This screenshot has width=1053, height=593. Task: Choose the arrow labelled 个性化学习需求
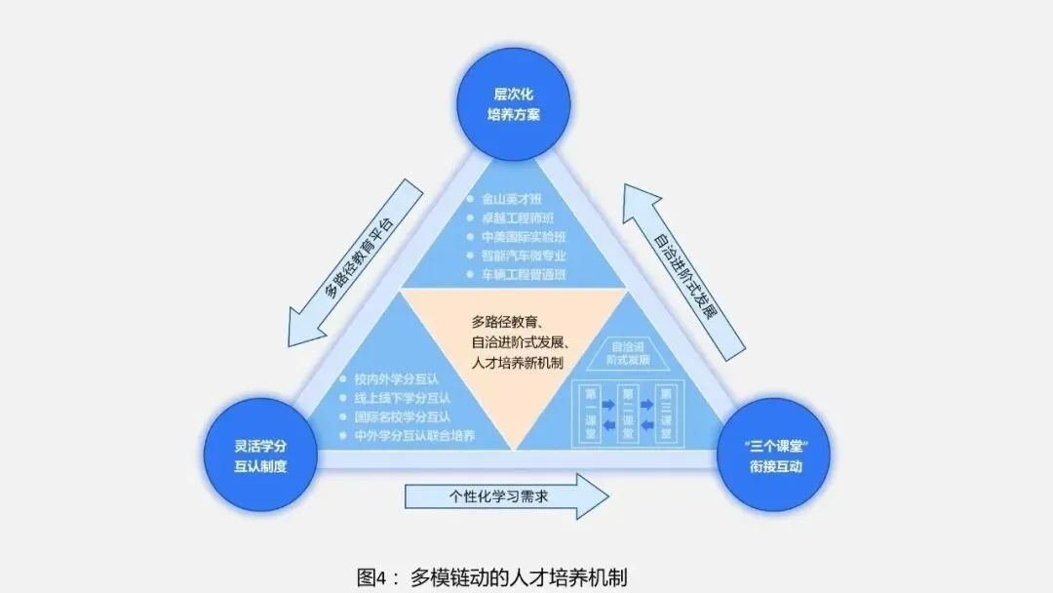pos(505,496)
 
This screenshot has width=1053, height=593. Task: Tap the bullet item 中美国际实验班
pos(523,237)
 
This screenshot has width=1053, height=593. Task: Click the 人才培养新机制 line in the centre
pos(520,362)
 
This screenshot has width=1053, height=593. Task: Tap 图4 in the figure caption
pos(376,576)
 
